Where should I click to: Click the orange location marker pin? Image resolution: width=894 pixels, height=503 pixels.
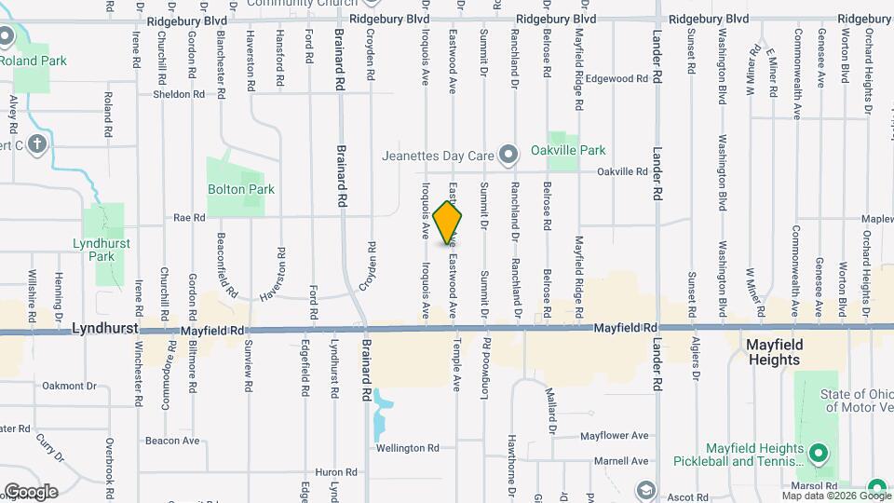click(x=448, y=223)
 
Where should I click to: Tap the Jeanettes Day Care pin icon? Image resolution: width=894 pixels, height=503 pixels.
click(x=508, y=155)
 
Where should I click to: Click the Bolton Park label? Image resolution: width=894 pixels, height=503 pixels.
click(x=241, y=189)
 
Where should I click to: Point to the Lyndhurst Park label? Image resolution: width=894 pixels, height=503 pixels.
click(x=103, y=250)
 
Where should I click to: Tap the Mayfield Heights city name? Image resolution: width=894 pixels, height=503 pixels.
click(x=774, y=351)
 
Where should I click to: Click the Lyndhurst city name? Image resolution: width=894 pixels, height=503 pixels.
click(x=105, y=329)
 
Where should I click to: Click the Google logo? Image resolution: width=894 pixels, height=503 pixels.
click(x=31, y=492)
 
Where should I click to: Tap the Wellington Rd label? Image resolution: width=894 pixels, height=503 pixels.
click(x=407, y=448)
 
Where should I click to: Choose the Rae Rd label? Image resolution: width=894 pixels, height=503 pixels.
click(x=189, y=218)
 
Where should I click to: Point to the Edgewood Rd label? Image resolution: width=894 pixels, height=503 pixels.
click(x=616, y=79)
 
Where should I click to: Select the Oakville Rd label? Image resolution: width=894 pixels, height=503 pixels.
click(x=622, y=171)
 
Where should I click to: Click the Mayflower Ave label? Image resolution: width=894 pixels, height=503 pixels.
click(x=614, y=435)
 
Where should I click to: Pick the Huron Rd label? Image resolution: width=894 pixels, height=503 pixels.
click(x=336, y=472)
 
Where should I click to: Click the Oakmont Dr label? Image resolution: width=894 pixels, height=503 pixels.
click(x=70, y=385)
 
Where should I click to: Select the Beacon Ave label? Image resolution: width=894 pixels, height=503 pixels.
click(x=172, y=441)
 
